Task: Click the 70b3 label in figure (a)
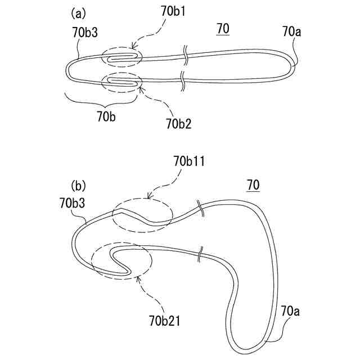point(85,33)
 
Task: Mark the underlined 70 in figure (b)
point(254,184)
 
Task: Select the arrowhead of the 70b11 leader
point(148,197)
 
